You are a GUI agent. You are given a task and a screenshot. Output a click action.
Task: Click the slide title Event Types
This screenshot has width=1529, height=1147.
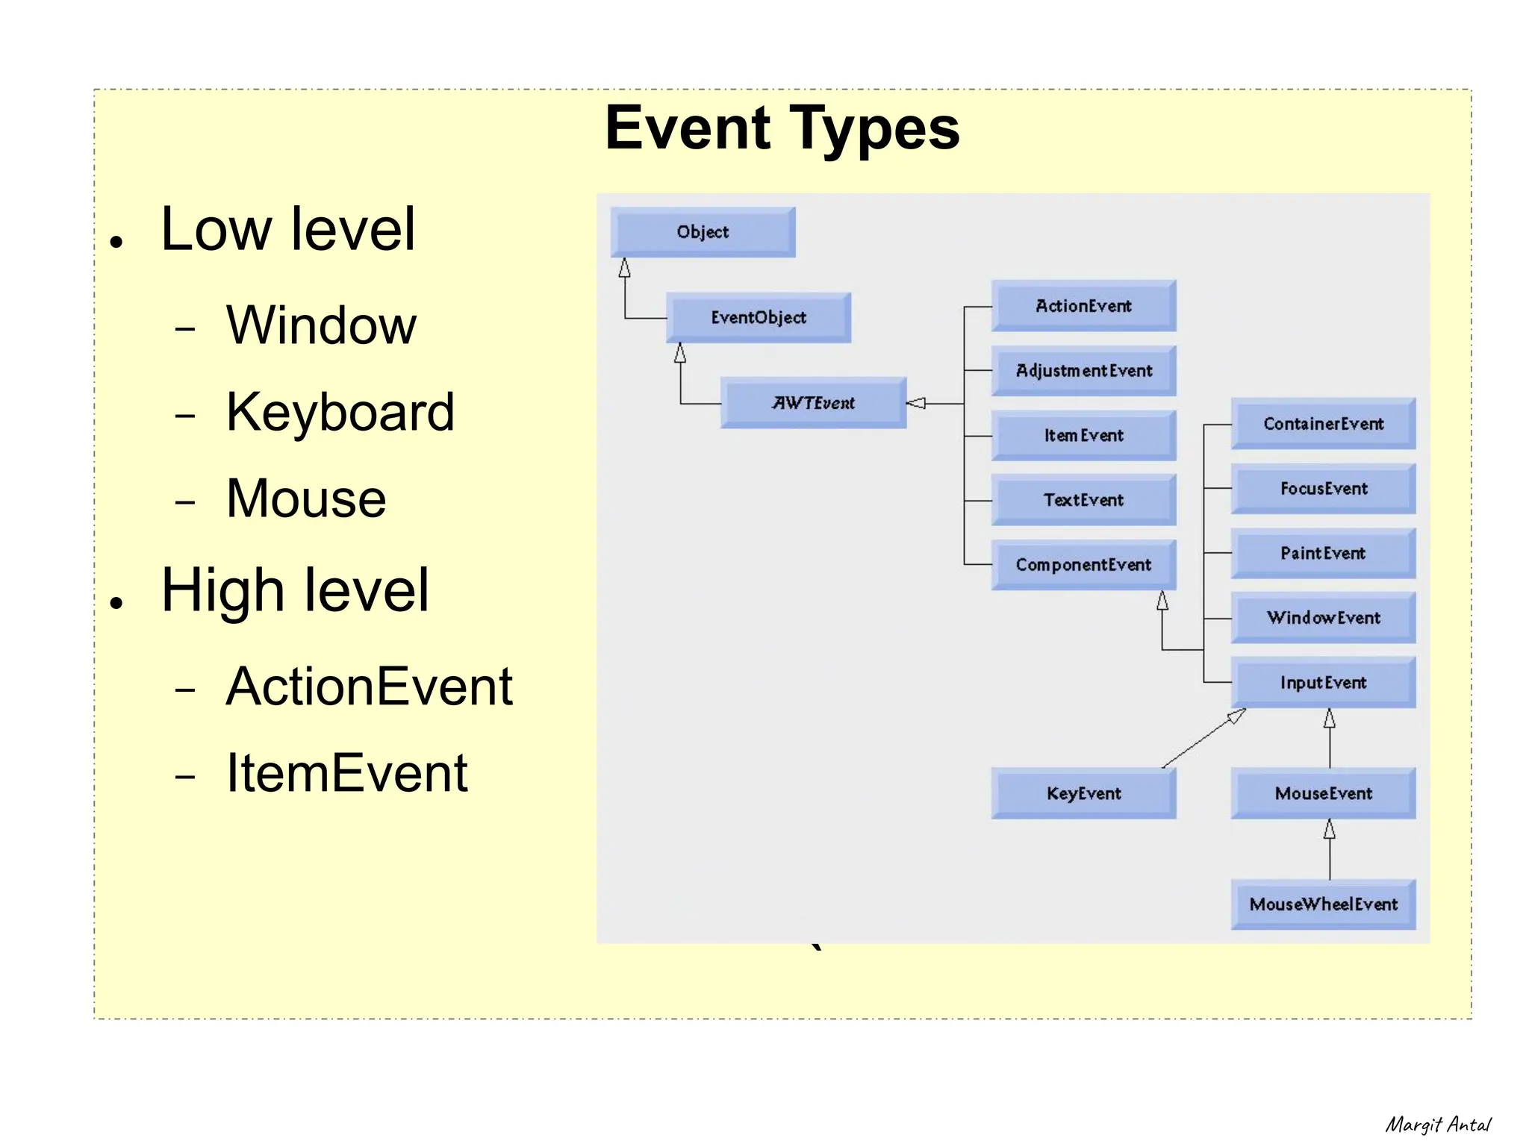pyautogui.click(x=782, y=128)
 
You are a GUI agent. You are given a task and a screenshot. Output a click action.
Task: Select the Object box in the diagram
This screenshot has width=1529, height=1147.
pyautogui.click(x=703, y=232)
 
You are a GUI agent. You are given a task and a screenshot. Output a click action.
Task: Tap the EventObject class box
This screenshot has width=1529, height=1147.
pyautogui.click(x=758, y=318)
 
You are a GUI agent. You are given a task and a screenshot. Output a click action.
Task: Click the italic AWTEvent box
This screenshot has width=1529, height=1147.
pyautogui.click(x=813, y=403)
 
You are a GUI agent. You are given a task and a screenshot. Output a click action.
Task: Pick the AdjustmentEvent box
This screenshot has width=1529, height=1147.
pyautogui.click(x=1083, y=371)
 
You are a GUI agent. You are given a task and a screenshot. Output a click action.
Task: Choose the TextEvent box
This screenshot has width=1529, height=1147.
pyautogui.click(x=1083, y=500)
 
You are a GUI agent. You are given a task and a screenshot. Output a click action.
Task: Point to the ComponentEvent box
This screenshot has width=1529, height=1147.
pyautogui.click(x=1083, y=565)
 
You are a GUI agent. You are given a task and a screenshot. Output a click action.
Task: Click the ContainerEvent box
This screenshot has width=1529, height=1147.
pyautogui.click(x=1323, y=424)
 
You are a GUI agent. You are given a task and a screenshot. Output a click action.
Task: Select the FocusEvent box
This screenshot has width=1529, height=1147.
pyautogui.click(x=1323, y=489)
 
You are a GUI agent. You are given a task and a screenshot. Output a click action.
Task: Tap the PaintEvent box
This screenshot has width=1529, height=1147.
pyautogui.click(x=1323, y=553)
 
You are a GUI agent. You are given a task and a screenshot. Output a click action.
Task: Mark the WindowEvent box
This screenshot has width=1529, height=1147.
pyautogui.click(x=1323, y=618)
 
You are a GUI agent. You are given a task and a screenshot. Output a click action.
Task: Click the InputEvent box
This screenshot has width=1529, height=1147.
pyautogui.click(x=1323, y=683)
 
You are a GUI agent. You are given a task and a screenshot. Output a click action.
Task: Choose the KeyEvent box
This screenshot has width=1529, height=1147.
pyautogui.click(x=1083, y=793)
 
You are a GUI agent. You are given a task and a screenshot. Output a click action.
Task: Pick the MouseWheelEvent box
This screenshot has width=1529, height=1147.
pyautogui.click(x=1323, y=904)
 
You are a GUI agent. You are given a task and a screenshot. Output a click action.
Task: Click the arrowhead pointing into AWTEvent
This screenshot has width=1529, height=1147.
pyautogui.click(x=916, y=404)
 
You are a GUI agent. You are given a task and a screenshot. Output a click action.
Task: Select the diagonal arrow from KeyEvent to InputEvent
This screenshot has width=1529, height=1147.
pyautogui.click(x=1203, y=739)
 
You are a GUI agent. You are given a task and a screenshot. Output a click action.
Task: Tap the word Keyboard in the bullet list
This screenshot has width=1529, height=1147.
pyautogui.click(x=340, y=412)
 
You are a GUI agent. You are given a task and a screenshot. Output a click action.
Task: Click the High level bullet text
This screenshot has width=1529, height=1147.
pyautogui.click(x=295, y=590)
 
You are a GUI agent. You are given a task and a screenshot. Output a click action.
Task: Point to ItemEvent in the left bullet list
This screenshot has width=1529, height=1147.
pyautogui.click(x=346, y=773)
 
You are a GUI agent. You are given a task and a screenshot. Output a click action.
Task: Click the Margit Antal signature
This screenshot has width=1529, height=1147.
pyautogui.click(x=1437, y=1125)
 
